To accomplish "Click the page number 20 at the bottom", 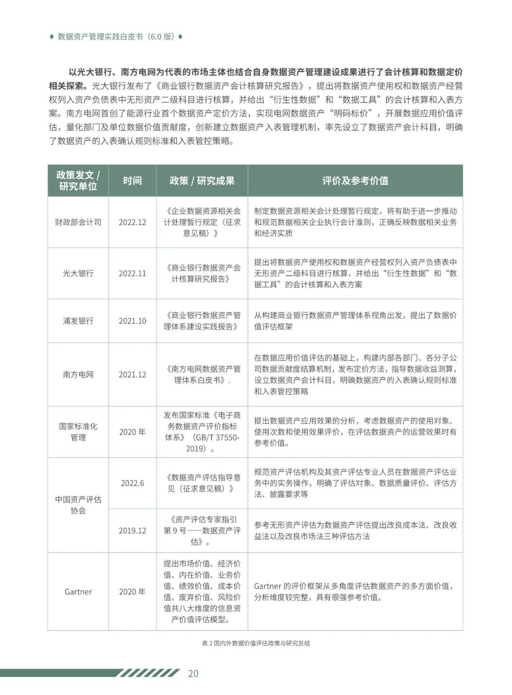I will pos(193,673).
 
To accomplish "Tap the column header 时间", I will pos(132,181).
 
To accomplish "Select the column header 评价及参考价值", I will pos(355,181).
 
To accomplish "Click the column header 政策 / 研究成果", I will pos(202,181).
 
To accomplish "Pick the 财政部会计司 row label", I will pos(78,222).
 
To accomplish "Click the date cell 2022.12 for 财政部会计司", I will pos(132,222).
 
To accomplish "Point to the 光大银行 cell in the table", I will pos(78,273).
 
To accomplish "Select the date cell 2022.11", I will pos(132,273).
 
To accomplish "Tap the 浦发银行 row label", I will pos(78,320).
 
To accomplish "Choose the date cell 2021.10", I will pos(132,320).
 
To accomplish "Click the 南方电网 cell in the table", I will pos(78,375).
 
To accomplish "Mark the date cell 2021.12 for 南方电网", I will pos(132,375).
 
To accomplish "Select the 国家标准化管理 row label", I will pos(78,432).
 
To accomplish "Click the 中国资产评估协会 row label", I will pos(78,505).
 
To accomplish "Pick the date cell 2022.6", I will pos(132,483).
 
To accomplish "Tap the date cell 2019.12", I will pos(132,530).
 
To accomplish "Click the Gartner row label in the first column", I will pos(78,592).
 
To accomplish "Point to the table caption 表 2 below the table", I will pos(256,643).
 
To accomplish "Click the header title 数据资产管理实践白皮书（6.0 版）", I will pos(116,37).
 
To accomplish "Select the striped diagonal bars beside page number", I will pos(149,673).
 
